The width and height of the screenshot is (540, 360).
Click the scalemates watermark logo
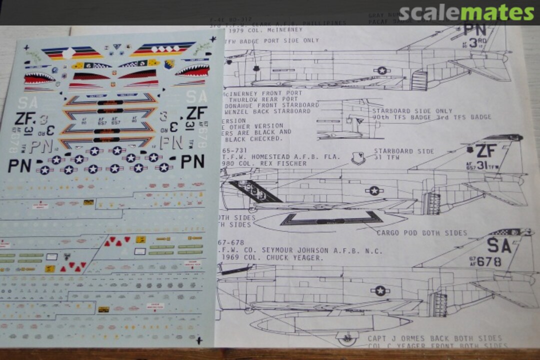click(466, 13)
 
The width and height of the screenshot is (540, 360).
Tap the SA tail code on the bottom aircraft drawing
click(499, 245)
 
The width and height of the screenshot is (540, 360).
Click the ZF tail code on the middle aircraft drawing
click(485, 150)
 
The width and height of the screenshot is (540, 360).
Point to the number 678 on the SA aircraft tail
click(488, 261)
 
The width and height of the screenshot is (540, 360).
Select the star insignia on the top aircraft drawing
click(382, 70)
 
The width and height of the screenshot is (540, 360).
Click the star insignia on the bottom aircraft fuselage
click(379, 290)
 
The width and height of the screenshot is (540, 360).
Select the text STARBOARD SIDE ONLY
click(412, 111)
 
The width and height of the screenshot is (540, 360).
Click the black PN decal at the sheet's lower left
click(19, 165)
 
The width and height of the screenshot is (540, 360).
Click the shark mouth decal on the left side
click(39, 78)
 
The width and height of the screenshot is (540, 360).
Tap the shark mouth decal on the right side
click(191, 70)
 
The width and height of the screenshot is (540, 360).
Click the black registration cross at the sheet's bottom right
click(199, 340)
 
